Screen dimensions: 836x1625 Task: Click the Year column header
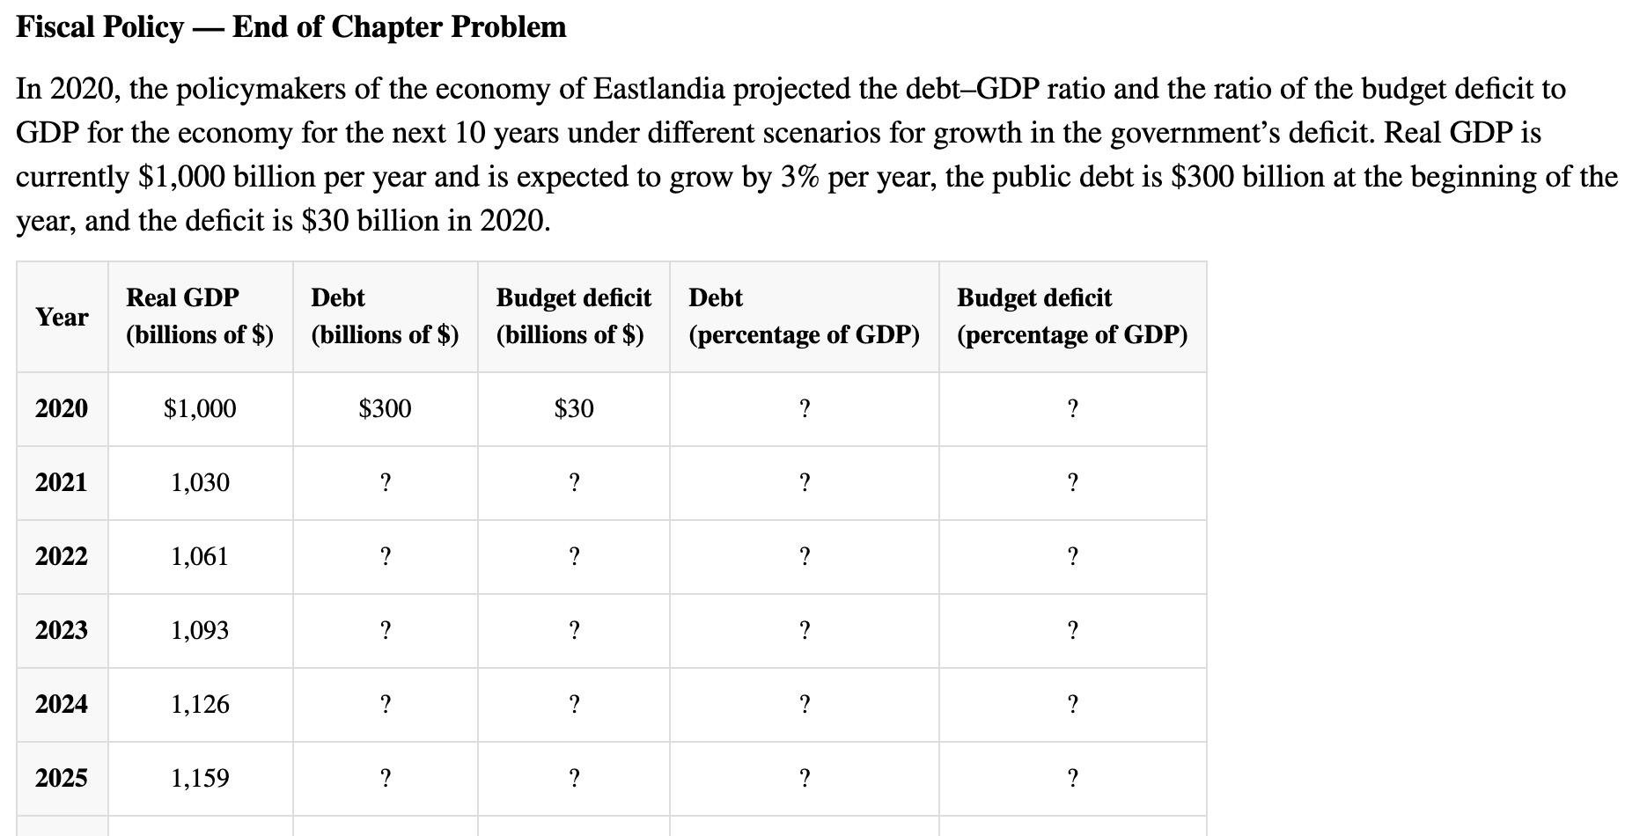[62, 317]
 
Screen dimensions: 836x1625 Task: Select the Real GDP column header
[200, 316]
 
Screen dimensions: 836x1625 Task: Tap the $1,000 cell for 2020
[200, 408]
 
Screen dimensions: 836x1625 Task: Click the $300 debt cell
[385, 408]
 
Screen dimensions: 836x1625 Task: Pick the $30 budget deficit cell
[574, 408]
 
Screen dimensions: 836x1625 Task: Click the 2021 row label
[62, 482]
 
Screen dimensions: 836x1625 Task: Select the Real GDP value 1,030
[200, 482]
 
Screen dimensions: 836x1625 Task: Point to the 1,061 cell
[200, 556]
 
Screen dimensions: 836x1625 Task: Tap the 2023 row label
[62, 630]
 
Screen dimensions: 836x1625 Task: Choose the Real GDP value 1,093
[200, 630]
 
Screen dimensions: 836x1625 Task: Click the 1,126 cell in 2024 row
[200, 704]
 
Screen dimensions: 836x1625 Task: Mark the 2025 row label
[62, 778]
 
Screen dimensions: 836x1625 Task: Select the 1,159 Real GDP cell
[200, 778]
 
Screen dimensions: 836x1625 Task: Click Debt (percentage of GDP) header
[804, 316]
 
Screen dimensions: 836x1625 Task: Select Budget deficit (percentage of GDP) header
[1071, 316]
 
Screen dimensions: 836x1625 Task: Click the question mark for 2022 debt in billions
[385, 556]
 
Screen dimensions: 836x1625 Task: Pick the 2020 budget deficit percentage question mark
[1072, 408]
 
